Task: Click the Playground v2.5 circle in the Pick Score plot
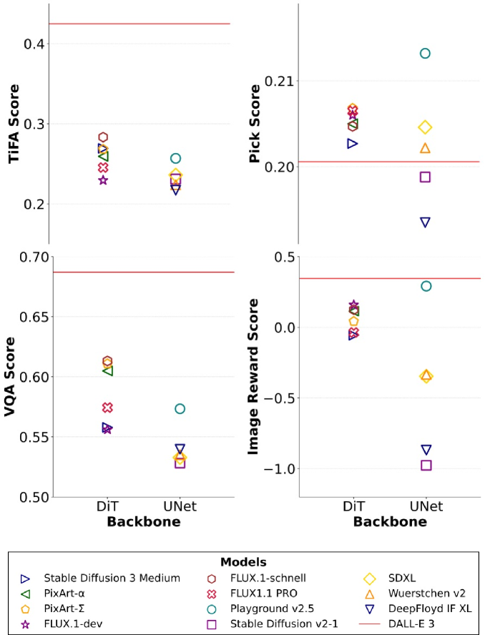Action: pos(425,53)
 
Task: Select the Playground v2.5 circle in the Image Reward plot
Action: pos(426,286)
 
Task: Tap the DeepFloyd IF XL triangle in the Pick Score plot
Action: pos(426,222)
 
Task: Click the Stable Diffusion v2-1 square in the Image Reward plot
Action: pos(426,465)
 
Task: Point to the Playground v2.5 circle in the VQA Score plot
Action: pos(180,409)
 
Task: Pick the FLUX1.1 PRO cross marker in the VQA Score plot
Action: pos(107,408)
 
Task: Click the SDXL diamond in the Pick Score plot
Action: pos(426,127)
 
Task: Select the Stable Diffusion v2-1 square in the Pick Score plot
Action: pos(426,177)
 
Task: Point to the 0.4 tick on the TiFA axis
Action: pos(34,44)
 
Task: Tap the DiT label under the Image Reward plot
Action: pos(353,506)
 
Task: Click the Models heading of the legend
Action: pos(242,562)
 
